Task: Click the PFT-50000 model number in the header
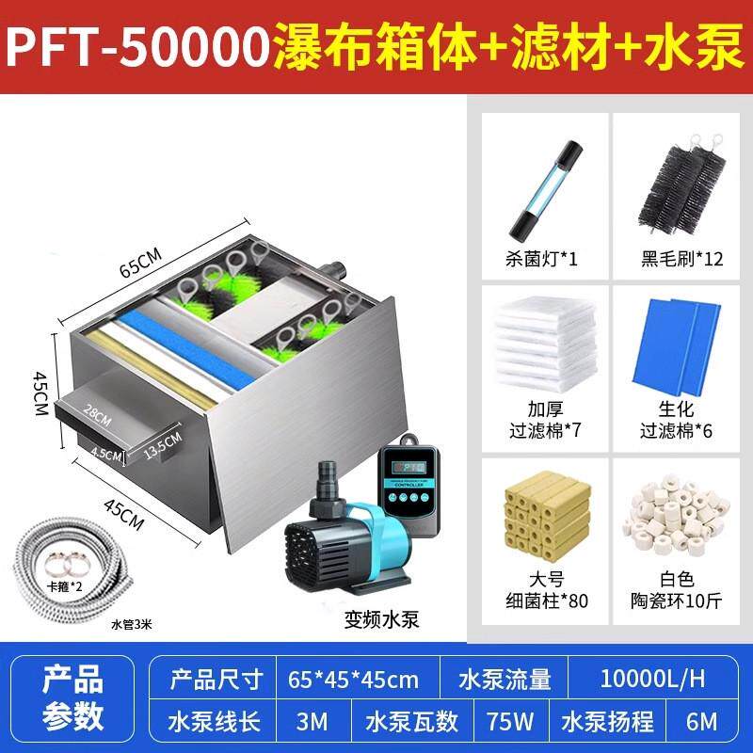pyautogui.click(x=138, y=47)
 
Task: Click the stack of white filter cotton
pyautogui.click(x=540, y=347)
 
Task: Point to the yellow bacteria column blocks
pyautogui.click(x=540, y=519)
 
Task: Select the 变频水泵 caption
pyautogui.click(x=380, y=618)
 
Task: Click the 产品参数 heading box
pyautogui.click(x=75, y=700)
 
